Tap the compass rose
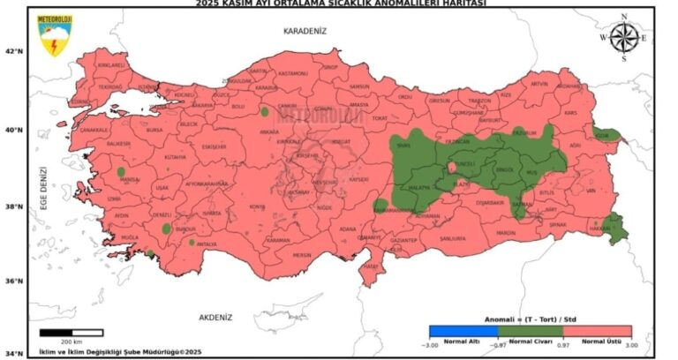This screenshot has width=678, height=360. [624, 37]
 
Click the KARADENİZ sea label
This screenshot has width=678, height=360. [305, 30]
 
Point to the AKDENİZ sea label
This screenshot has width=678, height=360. [215, 315]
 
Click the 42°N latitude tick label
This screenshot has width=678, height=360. [13, 51]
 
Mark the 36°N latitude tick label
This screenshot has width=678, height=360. [13, 281]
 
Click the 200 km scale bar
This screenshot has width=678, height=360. [72, 333]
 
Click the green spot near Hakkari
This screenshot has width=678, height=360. [616, 231]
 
